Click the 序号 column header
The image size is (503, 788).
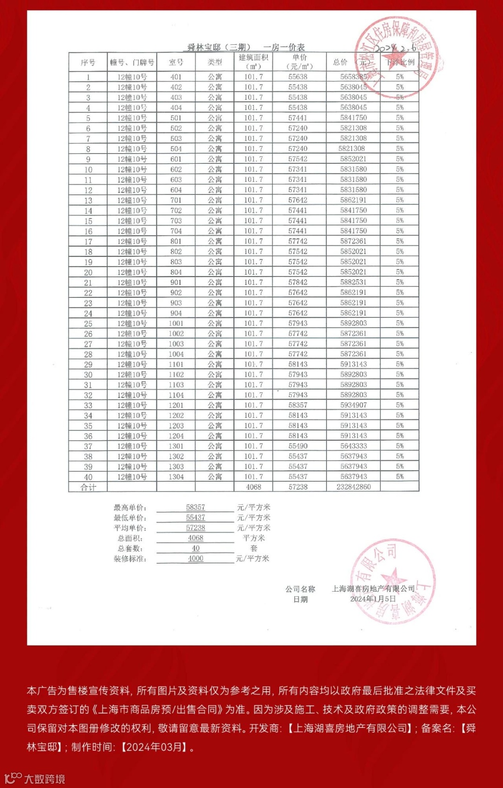pyautogui.click(x=88, y=62)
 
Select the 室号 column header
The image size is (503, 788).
pyautogui.click(x=176, y=62)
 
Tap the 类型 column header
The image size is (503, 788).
pyautogui.click(x=215, y=62)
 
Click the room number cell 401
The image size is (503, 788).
pyautogui.click(x=176, y=77)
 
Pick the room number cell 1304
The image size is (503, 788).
pyautogui.click(x=176, y=477)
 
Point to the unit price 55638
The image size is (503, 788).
pyautogui.click(x=298, y=77)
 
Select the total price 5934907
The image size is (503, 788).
pyautogui.click(x=353, y=405)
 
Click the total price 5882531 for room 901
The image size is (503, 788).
pyautogui.click(x=353, y=282)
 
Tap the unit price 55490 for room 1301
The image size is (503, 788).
pyautogui.click(x=298, y=446)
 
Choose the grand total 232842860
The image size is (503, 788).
pyautogui.click(x=353, y=487)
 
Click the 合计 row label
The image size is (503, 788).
pyautogui.click(x=88, y=487)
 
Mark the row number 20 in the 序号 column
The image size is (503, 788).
pyautogui.click(x=88, y=272)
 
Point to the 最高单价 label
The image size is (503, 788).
pyautogui.click(x=130, y=507)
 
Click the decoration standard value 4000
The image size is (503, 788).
pyautogui.click(x=196, y=559)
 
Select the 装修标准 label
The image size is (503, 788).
pyautogui.click(x=130, y=559)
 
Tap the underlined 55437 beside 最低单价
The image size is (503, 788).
pyautogui.click(x=196, y=518)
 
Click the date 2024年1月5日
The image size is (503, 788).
pyautogui.click(x=373, y=599)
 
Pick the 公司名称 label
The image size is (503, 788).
pyautogui.click(x=300, y=589)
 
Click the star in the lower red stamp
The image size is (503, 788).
pyautogui.click(x=394, y=577)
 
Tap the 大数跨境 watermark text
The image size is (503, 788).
pyautogui.click(x=45, y=779)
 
